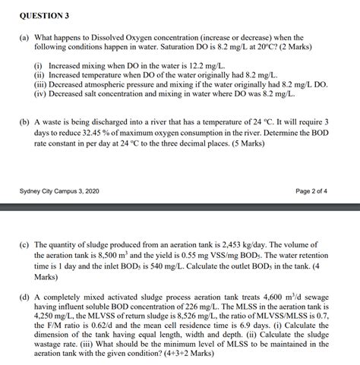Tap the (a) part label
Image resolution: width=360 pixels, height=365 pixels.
[x=24, y=37]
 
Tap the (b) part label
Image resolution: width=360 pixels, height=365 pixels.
[x=24, y=121]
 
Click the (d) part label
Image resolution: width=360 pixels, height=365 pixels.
[x=24, y=297]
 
